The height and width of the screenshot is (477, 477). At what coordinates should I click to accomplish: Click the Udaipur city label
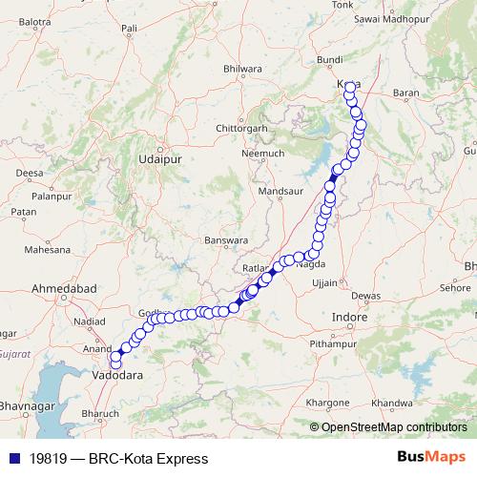pos(160,161)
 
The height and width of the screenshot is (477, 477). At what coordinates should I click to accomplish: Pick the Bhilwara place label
pos(241,69)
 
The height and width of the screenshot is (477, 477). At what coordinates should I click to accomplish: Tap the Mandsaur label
pos(280,192)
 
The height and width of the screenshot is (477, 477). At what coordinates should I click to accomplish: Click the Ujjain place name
pos(325,283)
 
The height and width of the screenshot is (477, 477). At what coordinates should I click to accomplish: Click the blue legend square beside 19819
pos(13,459)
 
